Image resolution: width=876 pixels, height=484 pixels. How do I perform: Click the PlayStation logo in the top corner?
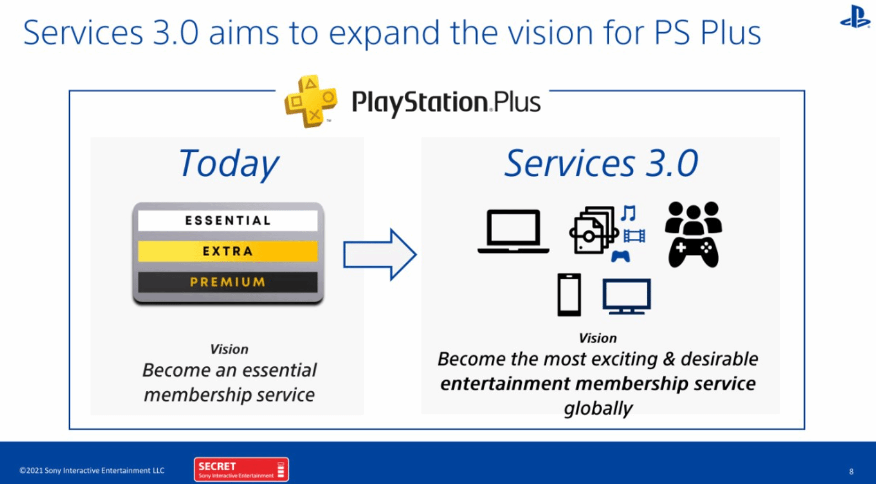[x=855, y=17]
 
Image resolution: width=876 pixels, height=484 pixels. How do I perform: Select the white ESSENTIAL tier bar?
[x=228, y=220]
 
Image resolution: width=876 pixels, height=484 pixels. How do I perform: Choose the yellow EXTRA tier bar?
[x=228, y=251]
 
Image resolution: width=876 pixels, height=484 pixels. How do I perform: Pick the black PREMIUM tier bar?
[x=228, y=281]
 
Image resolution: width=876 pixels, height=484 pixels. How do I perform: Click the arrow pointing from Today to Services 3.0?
[x=380, y=255]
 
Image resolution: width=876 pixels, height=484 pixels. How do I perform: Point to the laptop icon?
[x=513, y=231]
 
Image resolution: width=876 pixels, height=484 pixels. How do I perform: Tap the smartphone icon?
[x=569, y=295]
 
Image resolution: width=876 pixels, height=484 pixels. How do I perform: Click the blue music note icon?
[x=629, y=213]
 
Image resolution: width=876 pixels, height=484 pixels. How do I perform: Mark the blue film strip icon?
[x=634, y=236]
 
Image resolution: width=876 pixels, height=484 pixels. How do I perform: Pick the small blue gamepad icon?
[x=621, y=256]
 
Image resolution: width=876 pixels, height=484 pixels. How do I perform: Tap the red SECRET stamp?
[x=241, y=469]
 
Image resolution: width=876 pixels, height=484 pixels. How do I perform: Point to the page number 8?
[x=851, y=471]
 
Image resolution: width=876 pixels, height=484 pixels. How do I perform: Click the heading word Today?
[x=229, y=163]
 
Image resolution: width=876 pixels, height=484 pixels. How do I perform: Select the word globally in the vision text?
[x=599, y=408]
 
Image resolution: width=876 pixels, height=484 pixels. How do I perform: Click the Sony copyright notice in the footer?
[x=92, y=470]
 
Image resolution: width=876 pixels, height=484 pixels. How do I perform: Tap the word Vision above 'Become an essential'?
[x=229, y=349]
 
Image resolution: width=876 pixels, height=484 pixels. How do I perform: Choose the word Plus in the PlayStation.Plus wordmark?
[x=517, y=102]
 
